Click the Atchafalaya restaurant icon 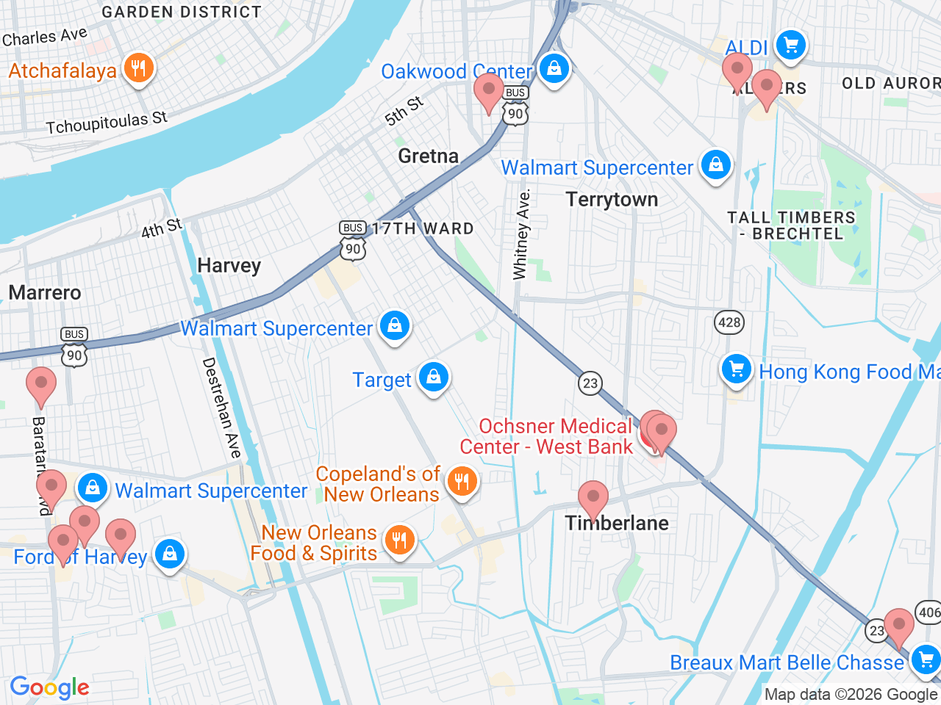point(137,69)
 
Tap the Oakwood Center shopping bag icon point(554,69)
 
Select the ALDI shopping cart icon point(791,46)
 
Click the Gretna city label point(428,156)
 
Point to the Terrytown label point(612,200)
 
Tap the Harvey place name point(229,266)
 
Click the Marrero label point(45,293)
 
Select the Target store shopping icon point(434,377)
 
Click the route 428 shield point(729,322)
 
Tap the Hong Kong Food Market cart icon point(736,369)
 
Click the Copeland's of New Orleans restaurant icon point(462,482)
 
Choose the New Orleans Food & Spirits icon point(399,541)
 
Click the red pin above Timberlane point(593,498)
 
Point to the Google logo point(49,688)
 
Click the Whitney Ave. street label point(521,235)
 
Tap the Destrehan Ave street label point(222,408)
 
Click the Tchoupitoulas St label point(107,123)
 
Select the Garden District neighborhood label point(181,12)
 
